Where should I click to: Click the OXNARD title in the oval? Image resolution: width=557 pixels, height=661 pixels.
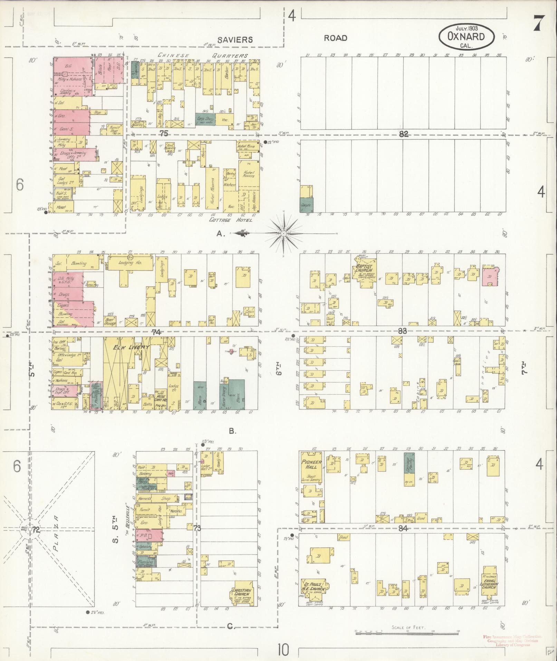[467, 36]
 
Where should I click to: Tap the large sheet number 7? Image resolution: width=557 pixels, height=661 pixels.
[539, 24]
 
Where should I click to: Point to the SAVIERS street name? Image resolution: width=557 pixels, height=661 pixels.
[237, 39]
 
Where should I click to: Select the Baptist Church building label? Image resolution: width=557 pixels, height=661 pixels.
[364, 268]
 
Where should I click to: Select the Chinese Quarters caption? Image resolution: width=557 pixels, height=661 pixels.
[203, 55]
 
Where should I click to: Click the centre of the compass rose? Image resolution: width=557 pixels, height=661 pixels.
[284, 234]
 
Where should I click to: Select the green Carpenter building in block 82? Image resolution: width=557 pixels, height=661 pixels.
[306, 205]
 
